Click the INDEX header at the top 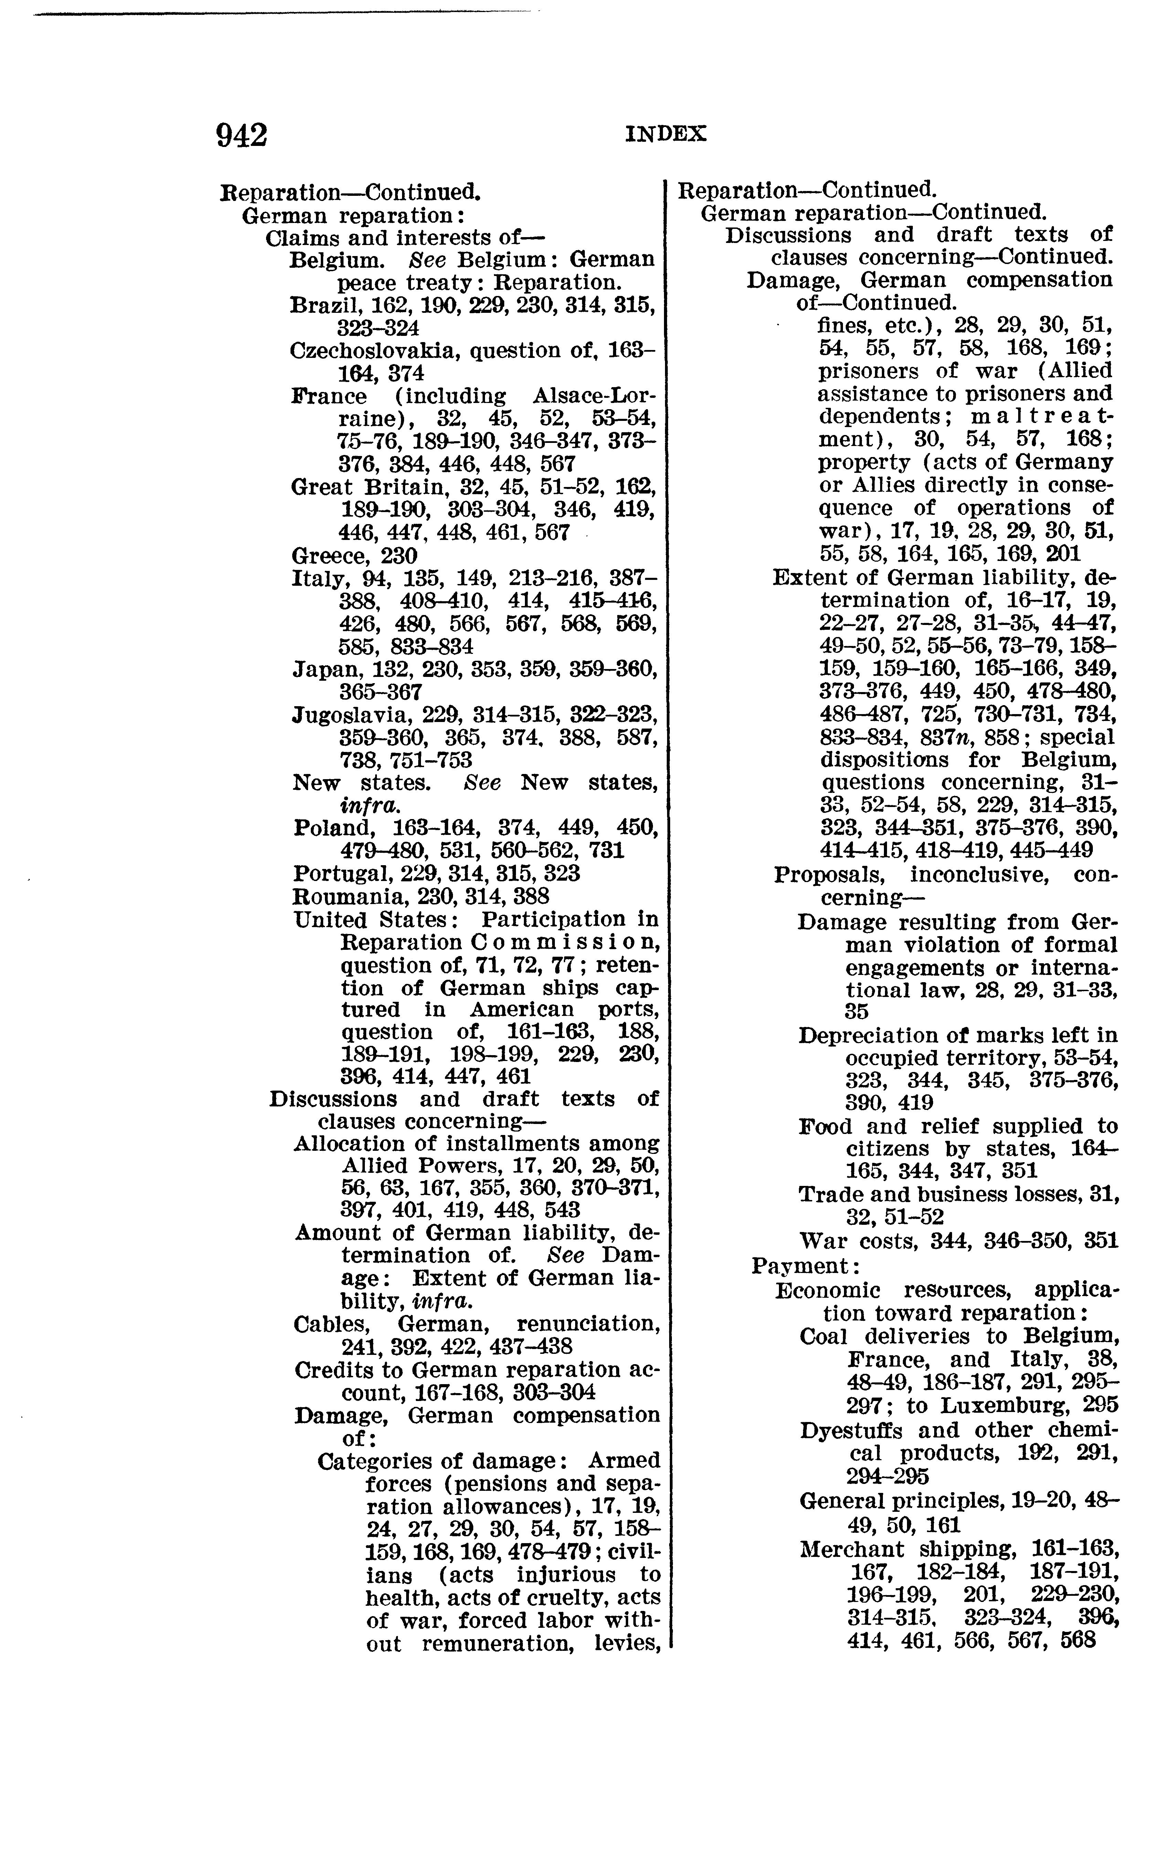(666, 134)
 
